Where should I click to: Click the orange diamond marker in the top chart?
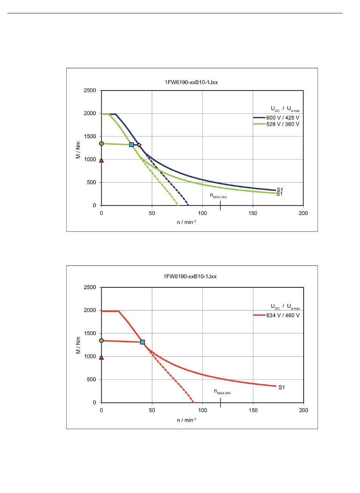coord(139,145)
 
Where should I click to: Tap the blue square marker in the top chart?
coord(131,144)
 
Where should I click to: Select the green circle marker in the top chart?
coord(101,144)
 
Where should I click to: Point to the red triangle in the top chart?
coord(101,160)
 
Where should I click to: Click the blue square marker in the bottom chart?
coord(142,342)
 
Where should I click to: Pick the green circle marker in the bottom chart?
coord(101,340)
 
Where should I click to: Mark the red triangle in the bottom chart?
coord(101,357)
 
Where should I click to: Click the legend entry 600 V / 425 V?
coord(282,117)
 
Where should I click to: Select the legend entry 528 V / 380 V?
coord(282,124)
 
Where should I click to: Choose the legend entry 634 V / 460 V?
coord(282,315)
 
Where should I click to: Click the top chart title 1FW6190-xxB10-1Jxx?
coord(191,82)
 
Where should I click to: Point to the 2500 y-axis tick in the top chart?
coord(90,91)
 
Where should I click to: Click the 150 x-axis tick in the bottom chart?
coord(253,410)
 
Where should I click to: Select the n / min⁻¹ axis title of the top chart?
coord(186,222)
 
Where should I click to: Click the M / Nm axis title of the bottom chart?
coord(78,345)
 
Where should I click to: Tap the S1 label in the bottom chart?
coord(282,387)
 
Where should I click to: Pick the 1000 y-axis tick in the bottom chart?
coord(90,357)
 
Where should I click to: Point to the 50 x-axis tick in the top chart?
coord(152,213)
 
